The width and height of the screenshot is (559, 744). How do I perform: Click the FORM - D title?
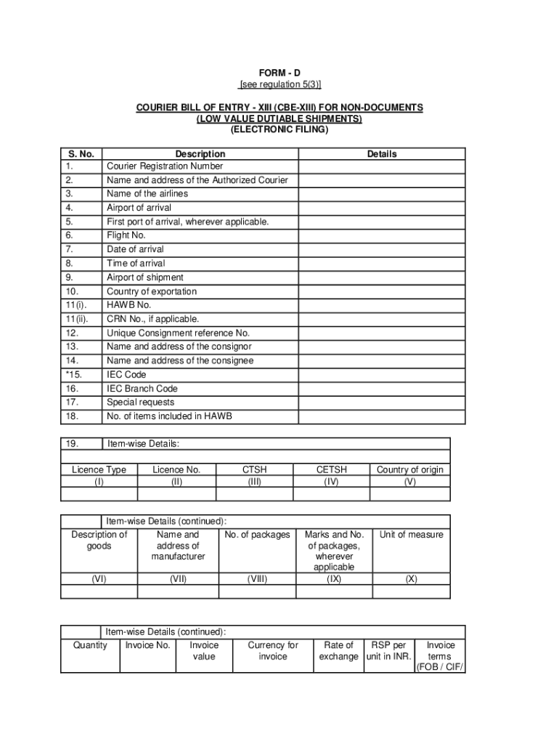point(279,74)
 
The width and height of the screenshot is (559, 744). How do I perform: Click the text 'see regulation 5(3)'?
point(279,85)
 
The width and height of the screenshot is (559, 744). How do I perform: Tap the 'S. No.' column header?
point(81,154)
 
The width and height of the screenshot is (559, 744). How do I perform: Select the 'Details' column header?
point(382,154)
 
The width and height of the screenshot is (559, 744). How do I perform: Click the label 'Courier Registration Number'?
point(165,166)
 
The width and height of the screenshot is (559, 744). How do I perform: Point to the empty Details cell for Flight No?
point(382,235)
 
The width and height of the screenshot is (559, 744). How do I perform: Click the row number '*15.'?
point(73,375)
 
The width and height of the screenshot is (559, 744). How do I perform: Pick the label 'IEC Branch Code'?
point(142,389)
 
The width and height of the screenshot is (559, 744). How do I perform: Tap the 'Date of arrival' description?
point(136,249)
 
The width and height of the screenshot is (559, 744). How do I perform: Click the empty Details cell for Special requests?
point(382,403)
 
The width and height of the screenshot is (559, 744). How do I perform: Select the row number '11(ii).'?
point(77,319)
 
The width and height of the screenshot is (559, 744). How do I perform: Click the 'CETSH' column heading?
point(331,470)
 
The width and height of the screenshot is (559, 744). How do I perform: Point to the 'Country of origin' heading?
point(409,470)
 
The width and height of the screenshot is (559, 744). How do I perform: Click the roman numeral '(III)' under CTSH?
point(254,481)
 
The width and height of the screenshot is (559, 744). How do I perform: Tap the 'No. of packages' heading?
point(257,535)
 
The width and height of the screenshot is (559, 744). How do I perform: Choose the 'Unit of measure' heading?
point(411,535)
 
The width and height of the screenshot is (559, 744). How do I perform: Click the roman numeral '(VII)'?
point(178,579)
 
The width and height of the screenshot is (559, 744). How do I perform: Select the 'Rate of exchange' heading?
point(338,651)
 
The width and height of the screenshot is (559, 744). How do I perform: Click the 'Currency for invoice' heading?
point(273,651)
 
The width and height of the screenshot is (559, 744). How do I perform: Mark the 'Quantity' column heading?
point(90,645)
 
